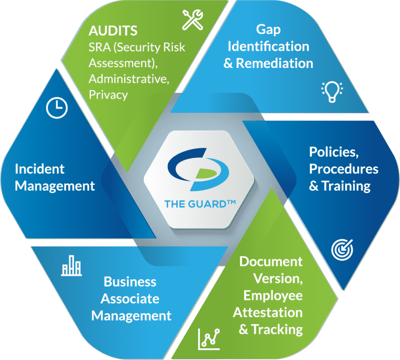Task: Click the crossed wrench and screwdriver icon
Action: tap(193, 20)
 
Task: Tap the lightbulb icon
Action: tap(332, 92)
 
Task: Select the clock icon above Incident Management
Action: tap(57, 108)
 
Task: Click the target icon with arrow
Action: tap(342, 250)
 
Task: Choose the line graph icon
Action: tap(209, 339)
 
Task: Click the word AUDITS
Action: tap(113, 30)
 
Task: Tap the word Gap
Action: tap(268, 30)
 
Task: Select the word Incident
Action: tap(40, 169)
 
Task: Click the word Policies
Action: tap(334, 152)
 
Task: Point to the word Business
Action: tap(130, 282)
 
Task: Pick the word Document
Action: tap(271, 262)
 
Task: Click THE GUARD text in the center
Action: tap(200, 204)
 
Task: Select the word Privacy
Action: tap(108, 95)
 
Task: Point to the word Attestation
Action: tap(268, 313)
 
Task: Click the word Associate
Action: tap(130, 299)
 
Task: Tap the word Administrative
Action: tap(129, 79)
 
